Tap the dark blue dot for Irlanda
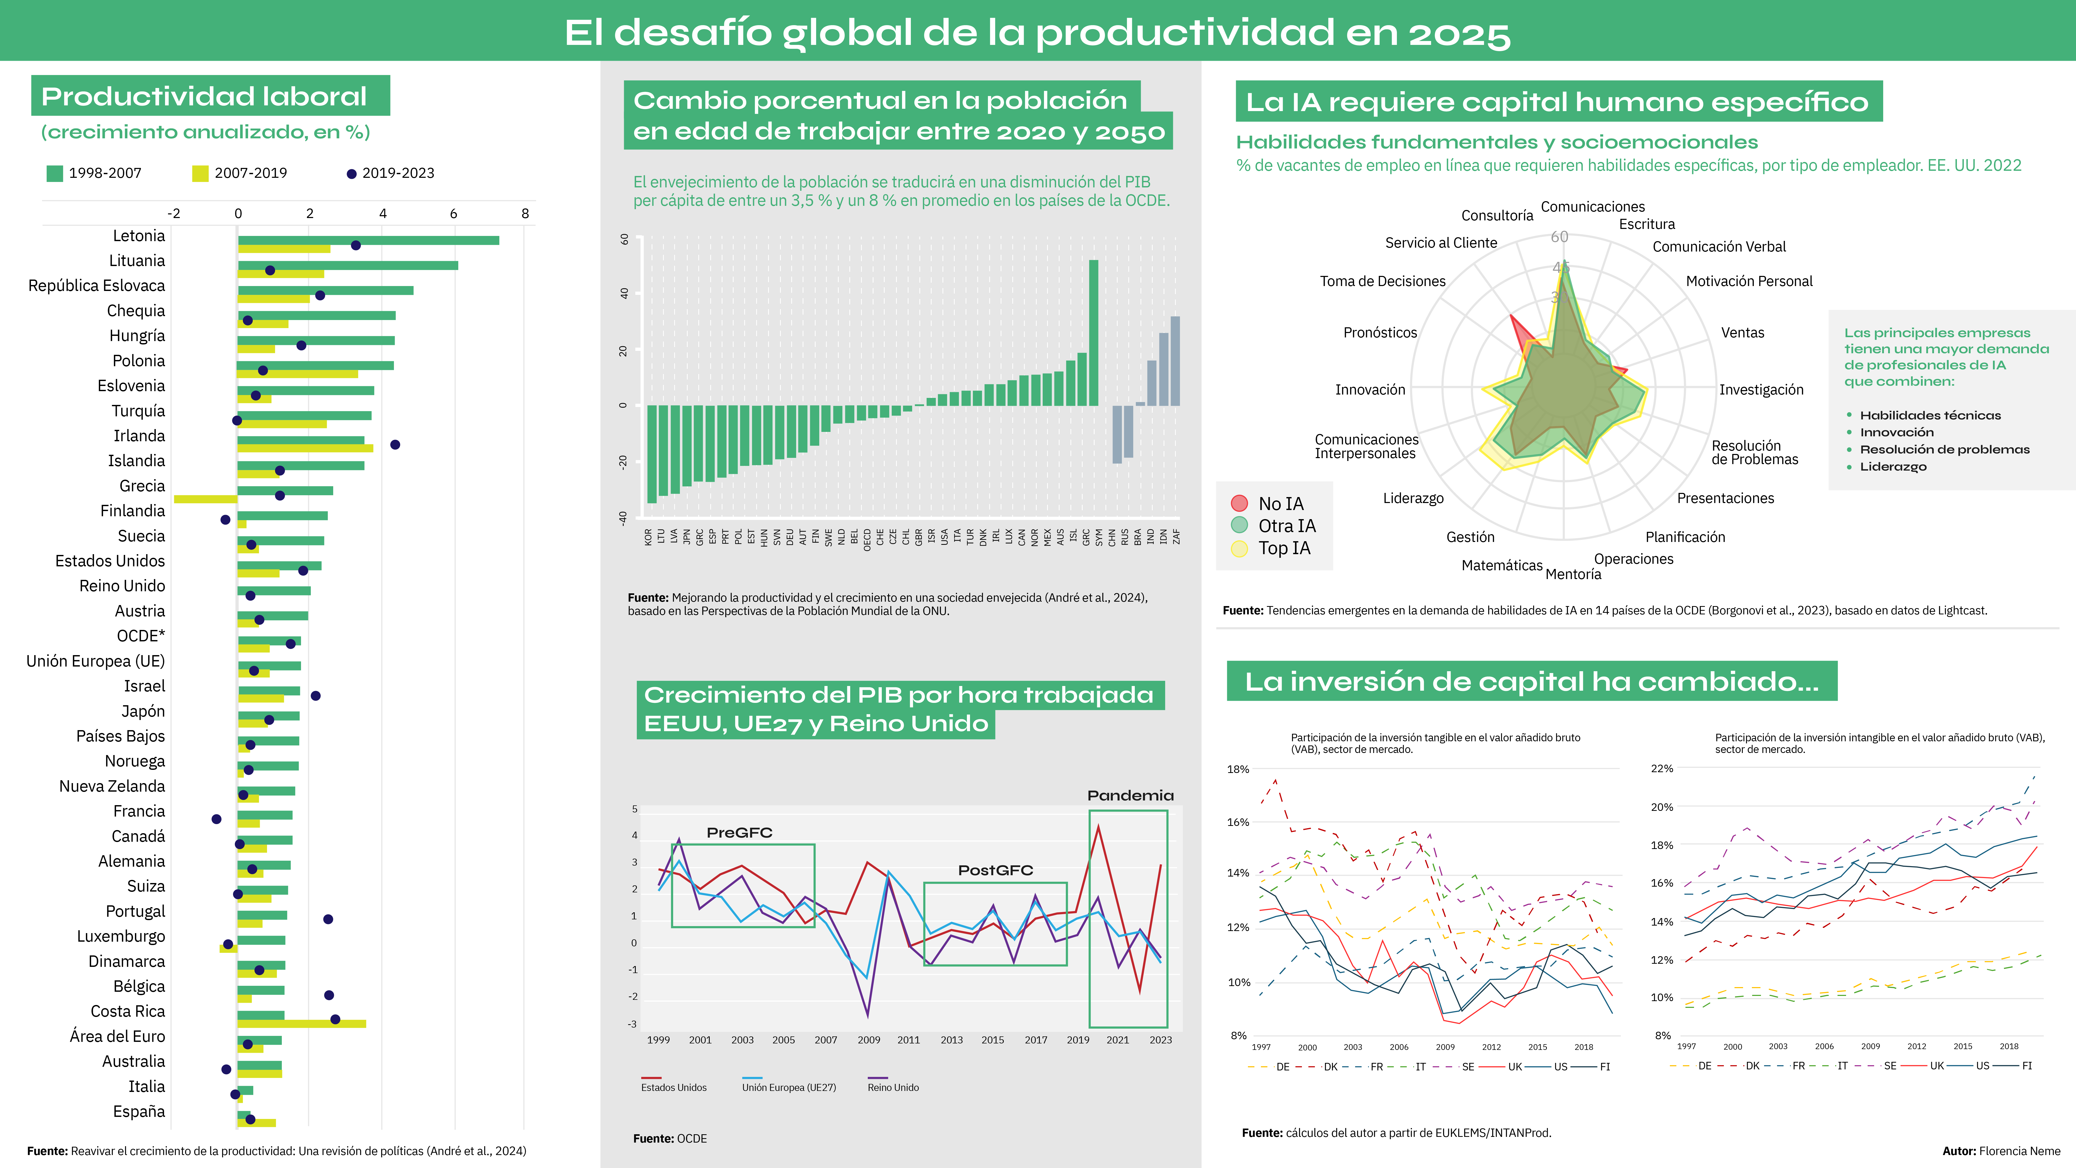point(395,445)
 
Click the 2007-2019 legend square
point(200,173)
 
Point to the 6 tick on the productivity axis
point(454,214)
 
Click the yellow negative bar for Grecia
point(206,499)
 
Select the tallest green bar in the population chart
point(1094,332)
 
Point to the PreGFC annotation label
point(739,833)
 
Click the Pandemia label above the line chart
point(1130,796)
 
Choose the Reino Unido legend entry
point(893,1087)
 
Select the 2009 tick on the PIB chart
point(869,1040)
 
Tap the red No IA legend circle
point(1239,504)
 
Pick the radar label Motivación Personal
point(1749,281)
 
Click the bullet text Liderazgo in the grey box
point(1893,467)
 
